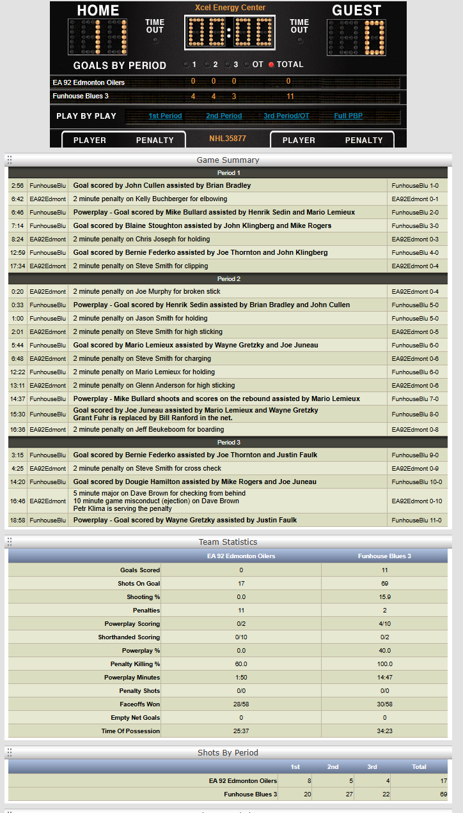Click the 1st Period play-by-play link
pos(165,116)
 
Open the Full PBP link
pos(349,116)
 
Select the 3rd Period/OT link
pos(286,116)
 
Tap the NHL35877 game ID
pos(228,139)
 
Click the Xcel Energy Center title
pos(230,8)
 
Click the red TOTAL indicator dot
pos(271,65)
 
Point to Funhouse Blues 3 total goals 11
pos(290,96)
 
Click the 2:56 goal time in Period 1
pos(17,185)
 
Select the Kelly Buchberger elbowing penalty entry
pos(150,199)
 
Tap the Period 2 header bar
pos(228,279)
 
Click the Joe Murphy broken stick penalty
pos(146,291)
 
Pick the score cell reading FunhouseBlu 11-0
pos(416,520)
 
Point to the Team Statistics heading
pos(228,542)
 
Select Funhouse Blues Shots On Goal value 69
pos(384,583)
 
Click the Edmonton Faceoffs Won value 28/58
pos(240,704)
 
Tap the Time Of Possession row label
pos(130,731)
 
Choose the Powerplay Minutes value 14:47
pos(384,677)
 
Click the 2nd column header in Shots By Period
pos(333,766)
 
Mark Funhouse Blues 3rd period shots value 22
pos(372,794)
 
